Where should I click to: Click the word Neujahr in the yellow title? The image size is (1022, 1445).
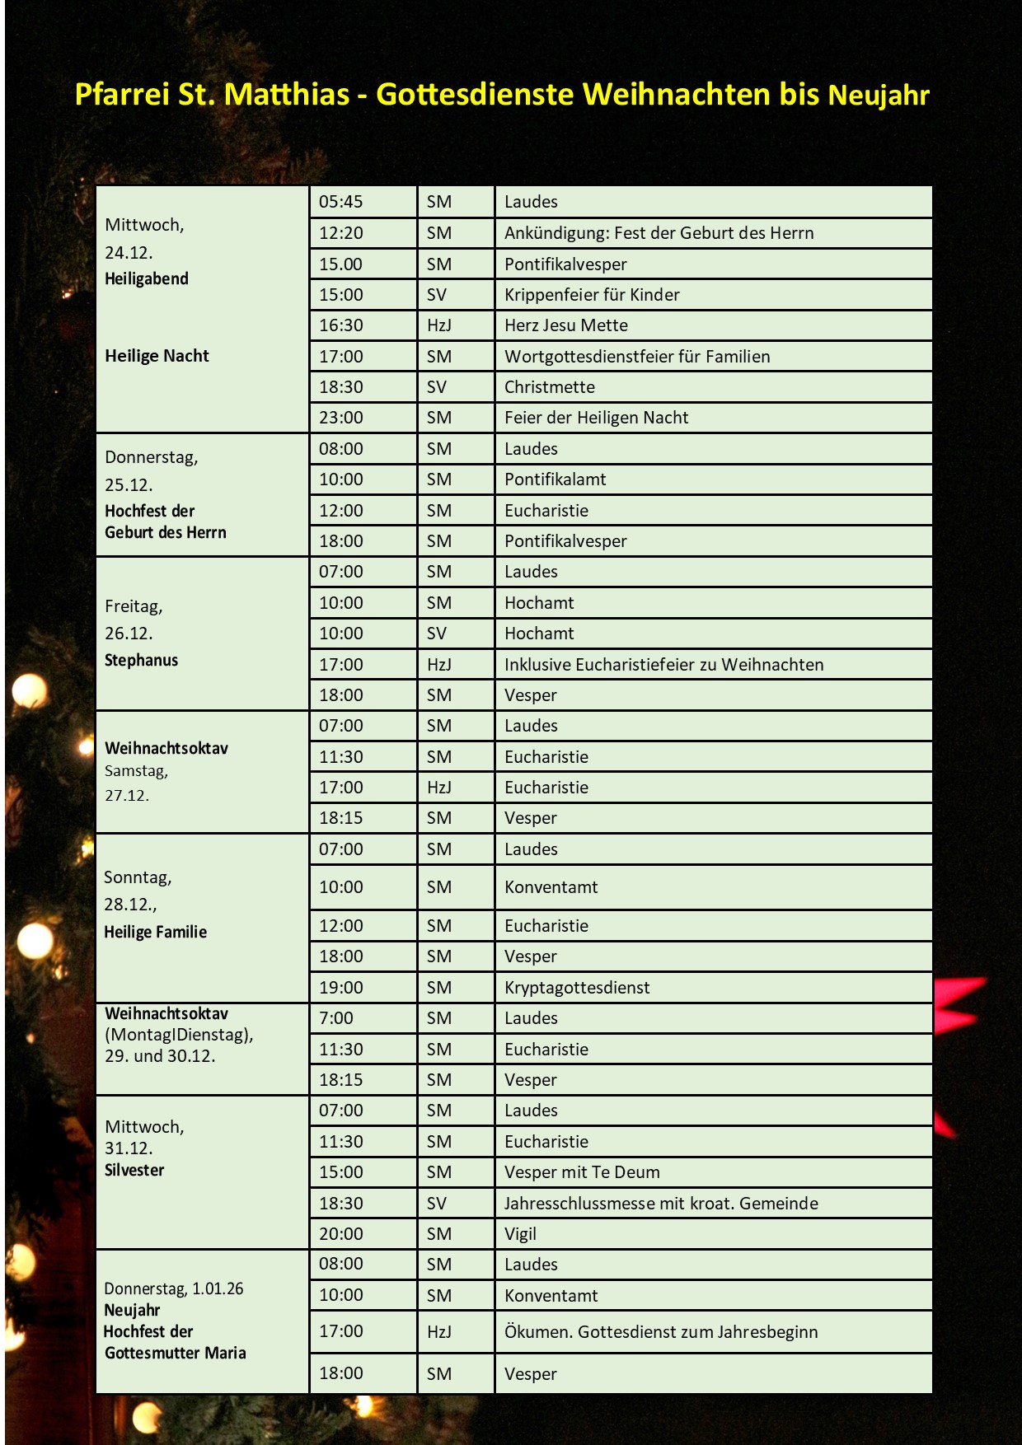pyautogui.click(x=879, y=96)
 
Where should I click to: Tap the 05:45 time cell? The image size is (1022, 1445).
pyautogui.click(x=341, y=202)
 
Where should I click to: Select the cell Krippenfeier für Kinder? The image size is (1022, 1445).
pyautogui.click(x=592, y=295)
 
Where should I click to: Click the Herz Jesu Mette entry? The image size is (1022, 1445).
pyautogui.click(x=566, y=325)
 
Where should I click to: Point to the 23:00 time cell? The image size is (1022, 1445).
pyautogui.click(x=341, y=418)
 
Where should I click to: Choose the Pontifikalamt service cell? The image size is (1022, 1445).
pyautogui.click(x=556, y=479)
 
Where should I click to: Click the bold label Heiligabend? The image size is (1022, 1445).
pyautogui.click(x=147, y=278)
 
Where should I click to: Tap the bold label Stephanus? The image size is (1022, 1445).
pyautogui.click(x=141, y=660)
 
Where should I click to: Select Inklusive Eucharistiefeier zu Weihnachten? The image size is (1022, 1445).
pyautogui.click(x=663, y=665)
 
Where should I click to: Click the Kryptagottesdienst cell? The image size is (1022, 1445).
pyautogui.click(x=577, y=988)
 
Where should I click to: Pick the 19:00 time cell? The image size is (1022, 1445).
pyautogui.click(x=341, y=988)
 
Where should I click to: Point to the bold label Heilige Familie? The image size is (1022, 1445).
pyautogui.click(x=155, y=932)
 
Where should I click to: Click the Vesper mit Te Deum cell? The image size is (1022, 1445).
pyautogui.click(x=582, y=1172)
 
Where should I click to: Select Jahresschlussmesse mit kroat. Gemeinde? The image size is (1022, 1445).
pyautogui.click(x=661, y=1204)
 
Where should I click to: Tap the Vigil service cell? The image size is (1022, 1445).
pyautogui.click(x=520, y=1234)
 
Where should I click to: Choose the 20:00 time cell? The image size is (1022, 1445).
pyautogui.click(x=341, y=1234)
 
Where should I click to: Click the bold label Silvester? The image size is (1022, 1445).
pyautogui.click(x=134, y=1170)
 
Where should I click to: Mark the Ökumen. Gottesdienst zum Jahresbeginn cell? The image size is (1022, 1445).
pyautogui.click(x=661, y=1332)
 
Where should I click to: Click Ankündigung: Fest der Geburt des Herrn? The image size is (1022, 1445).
pyautogui.click(x=659, y=233)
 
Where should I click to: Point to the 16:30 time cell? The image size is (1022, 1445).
pyautogui.click(x=341, y=325)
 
